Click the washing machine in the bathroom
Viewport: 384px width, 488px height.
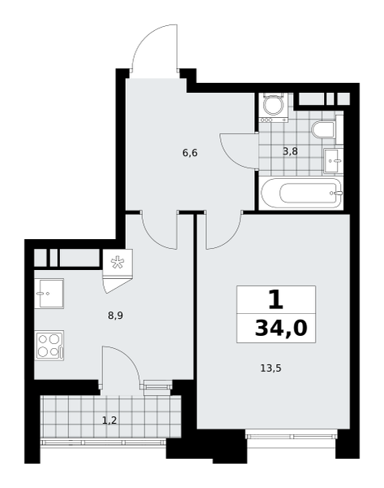coord(273,107)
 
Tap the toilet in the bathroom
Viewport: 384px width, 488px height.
coord(323,131)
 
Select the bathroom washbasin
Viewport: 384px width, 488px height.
coord(333,160)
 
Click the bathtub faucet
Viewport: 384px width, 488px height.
coord(338,194)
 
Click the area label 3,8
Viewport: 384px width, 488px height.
coord(290,150)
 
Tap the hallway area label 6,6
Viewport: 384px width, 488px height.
coord(190,151)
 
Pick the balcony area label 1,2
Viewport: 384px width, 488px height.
coord(110,420)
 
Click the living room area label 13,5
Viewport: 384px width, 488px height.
coord(270,368)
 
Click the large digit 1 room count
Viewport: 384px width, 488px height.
coord(275,299)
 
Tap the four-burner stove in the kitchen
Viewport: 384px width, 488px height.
coord(50,344)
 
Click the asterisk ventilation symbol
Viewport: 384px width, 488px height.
coord(117,262)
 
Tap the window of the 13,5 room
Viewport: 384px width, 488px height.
coord(291,439)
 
